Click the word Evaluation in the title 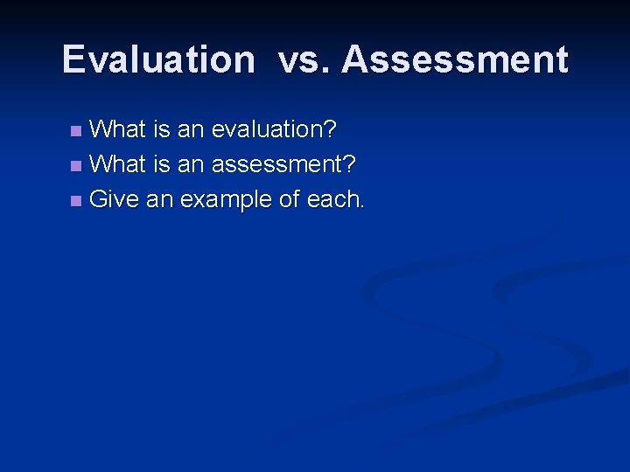tap(158, 59)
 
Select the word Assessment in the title tap(455, 59)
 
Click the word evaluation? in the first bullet tap(275, 129)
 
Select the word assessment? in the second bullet tap(283, 163)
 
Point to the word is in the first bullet tap(161, 129)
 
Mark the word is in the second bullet tap(161, 163)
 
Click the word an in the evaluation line tap(191, 129)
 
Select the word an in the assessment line tap(191, 163)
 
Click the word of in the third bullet tap(289, 199)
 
